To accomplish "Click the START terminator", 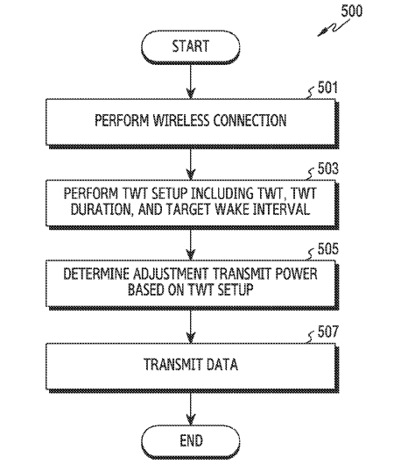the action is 191,46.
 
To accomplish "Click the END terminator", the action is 191,441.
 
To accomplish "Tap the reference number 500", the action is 351,11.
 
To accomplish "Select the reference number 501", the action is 327,88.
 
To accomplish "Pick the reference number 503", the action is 328,168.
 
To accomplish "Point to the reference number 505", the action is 328,249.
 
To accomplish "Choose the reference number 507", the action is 328,332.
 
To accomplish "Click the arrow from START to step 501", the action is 191,81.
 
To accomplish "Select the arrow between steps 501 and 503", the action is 191,164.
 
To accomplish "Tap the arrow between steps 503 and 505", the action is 191,245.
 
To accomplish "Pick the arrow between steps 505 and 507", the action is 191,326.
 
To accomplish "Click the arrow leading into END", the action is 191,409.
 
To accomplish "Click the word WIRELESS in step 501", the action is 181,120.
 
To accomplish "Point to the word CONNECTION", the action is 250,120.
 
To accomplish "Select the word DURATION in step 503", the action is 102,209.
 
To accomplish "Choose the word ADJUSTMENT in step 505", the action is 171,274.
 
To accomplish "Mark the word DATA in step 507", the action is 222,364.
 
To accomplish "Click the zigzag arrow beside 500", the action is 334,28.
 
